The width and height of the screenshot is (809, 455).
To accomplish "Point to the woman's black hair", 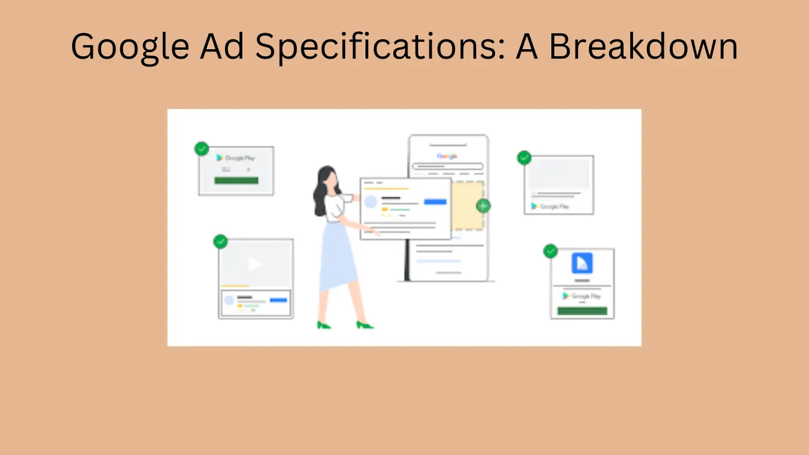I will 323,190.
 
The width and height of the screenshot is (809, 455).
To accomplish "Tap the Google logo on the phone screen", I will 447,156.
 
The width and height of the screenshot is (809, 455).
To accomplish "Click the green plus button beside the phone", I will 483,206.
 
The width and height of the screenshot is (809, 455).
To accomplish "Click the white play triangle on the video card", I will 255,264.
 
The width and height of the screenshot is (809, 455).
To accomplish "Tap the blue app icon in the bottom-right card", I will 582,263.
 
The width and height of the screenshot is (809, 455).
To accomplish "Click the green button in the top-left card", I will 236,180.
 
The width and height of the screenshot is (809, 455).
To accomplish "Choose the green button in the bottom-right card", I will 582,311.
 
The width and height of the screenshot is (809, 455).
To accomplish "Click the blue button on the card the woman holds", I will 435,202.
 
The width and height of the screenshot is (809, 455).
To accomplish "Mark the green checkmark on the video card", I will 220,242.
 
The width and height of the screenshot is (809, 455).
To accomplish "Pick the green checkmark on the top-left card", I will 201,148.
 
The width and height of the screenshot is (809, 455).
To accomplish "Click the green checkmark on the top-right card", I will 524,158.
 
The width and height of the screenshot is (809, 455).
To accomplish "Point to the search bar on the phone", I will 448,166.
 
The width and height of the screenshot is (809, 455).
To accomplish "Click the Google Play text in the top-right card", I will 554,206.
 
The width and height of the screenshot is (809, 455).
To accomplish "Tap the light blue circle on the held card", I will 371,202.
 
